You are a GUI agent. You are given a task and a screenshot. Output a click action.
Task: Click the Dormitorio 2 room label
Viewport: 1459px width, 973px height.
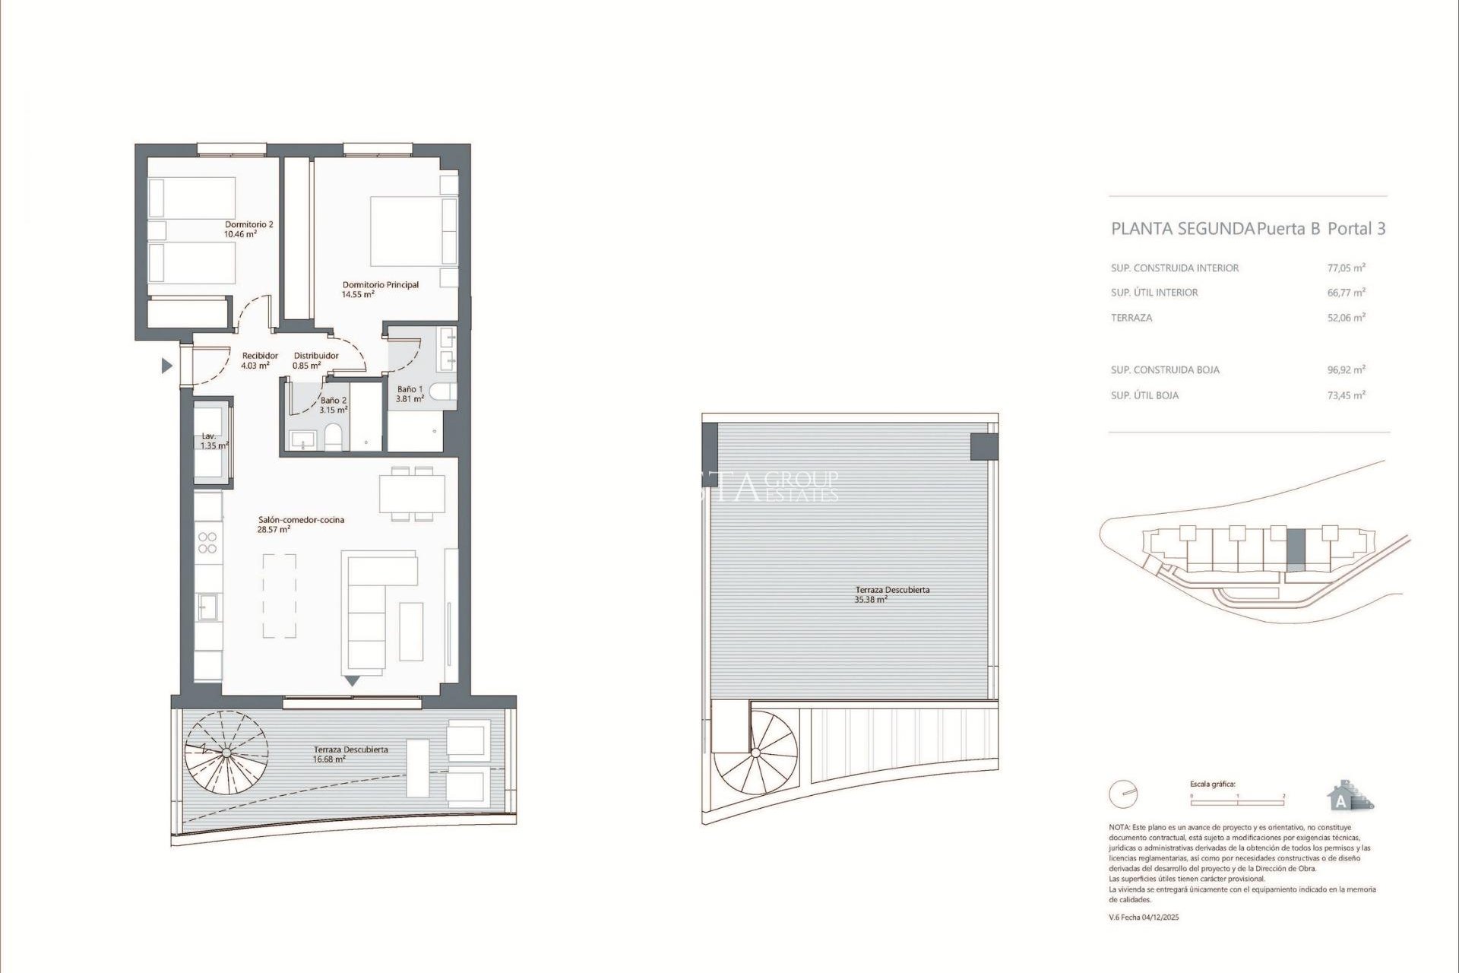coord(248,224)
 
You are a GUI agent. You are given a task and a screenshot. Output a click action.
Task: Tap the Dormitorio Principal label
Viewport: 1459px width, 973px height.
coord(380,284)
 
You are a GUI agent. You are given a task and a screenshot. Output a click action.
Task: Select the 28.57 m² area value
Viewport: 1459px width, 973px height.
coord(274,530)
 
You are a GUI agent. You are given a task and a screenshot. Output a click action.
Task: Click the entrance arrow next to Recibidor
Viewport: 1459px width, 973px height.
coord(166,366)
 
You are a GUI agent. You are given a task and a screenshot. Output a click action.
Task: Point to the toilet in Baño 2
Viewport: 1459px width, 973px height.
coord(333,436)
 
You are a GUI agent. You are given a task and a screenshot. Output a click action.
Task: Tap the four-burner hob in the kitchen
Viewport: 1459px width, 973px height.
coord(207,542)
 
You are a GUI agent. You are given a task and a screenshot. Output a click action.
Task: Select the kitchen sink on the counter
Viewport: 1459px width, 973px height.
coord(207,607)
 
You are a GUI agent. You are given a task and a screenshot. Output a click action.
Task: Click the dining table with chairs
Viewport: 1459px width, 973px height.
coord(413,493)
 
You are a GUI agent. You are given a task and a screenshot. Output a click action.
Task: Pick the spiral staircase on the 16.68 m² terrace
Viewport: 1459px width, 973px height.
coord(226,752)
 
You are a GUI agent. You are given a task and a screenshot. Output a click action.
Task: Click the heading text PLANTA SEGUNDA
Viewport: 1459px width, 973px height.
coord(1182,229)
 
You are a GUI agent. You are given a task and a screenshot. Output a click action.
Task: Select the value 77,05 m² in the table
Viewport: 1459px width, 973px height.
coord(1346,268)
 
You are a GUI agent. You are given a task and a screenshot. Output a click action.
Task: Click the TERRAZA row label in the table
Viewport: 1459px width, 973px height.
coord(1131,318)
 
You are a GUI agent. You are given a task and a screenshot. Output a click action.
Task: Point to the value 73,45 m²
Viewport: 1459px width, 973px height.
coord(1346,395)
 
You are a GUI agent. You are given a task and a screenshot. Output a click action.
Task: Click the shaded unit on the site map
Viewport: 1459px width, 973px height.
coord(1296,550)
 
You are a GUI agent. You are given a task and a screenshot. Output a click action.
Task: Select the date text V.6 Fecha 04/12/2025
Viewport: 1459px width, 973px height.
coord(1144,918)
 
